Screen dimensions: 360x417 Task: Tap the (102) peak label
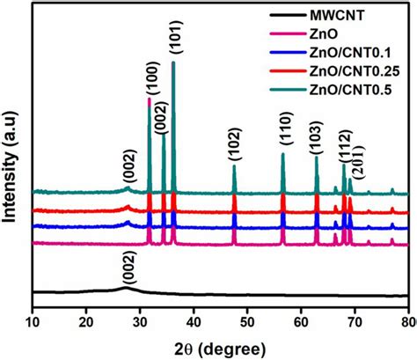point(234,151)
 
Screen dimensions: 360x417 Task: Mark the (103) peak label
point(317,141)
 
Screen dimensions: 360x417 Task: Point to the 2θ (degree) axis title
point(219,343)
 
